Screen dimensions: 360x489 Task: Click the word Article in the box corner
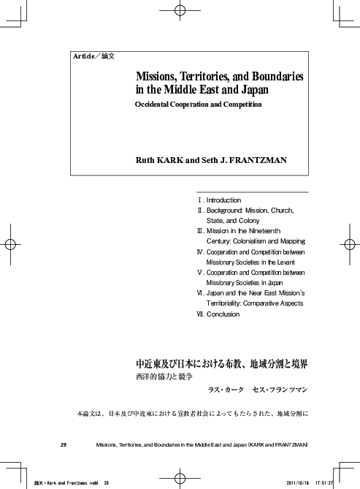click(x=83, y=56)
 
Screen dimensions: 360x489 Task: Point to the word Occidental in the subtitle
click(x=155, y=105)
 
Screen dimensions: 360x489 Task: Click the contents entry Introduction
click(x=223, y=200)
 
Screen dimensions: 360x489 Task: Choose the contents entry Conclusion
click(x=223, y=314)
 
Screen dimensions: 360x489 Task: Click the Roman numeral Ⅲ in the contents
click(x=201, y=230)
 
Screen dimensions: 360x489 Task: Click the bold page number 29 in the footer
click(x=64, y=444)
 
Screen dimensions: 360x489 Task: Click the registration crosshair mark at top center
click(x=180, y=12)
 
